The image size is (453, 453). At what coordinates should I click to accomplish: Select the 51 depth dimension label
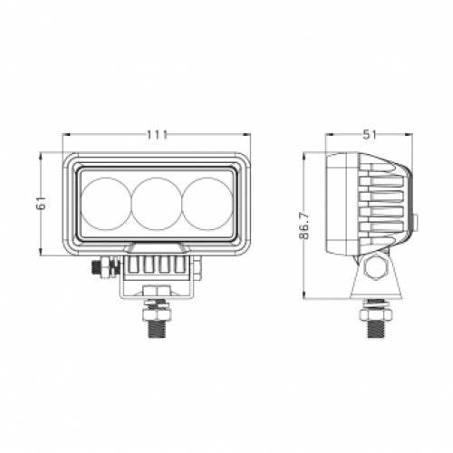point(370,134)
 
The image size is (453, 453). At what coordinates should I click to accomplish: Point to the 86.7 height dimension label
point(305,224)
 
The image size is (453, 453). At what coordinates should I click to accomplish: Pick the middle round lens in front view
point(156,205)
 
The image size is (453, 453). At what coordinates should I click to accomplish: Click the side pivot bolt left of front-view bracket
point(106,268)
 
